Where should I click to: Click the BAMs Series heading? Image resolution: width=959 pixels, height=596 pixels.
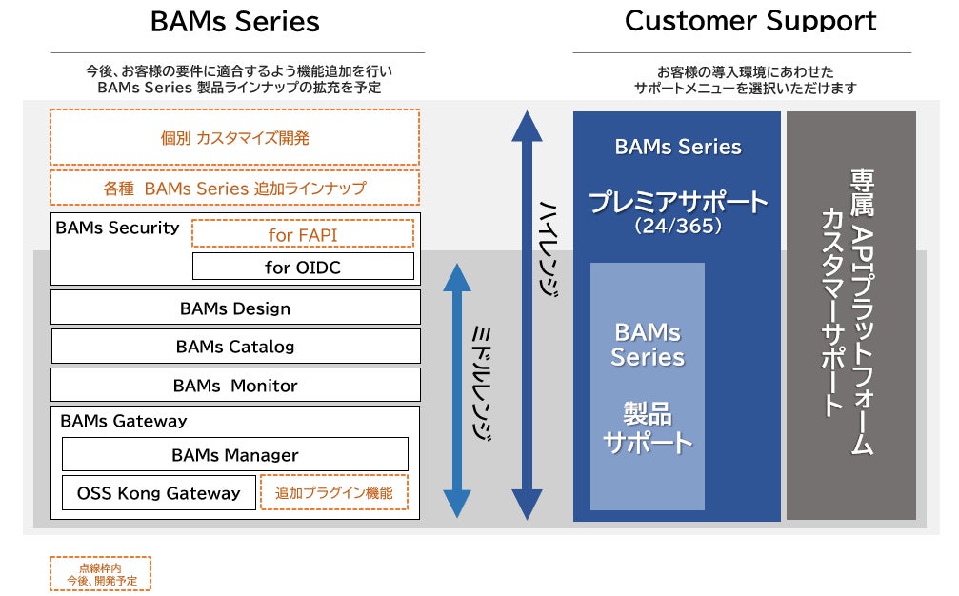pos(235,21)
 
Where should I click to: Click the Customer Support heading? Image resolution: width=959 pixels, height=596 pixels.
pos(750,20)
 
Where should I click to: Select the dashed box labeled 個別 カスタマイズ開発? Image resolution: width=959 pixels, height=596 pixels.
pos(234,137)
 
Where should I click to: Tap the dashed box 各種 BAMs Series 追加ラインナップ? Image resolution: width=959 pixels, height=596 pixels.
pos(234,189)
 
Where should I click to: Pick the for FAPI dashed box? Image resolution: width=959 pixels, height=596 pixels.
pos(303,234)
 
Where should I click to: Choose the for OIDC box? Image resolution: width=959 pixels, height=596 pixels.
pos(303,268)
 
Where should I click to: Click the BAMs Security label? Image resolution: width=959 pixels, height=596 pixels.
pos(117,228)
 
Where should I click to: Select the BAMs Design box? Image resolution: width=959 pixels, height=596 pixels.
pos(234,308)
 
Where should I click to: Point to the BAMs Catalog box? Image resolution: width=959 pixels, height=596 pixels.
pos(234,347)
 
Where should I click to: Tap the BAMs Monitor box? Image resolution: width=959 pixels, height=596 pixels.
pos(234,386)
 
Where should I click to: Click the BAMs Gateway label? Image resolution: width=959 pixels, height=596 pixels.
pos(124,421)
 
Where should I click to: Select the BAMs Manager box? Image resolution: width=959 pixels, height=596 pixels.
pos(234,455)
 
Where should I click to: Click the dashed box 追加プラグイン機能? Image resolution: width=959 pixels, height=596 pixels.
pos(333,493)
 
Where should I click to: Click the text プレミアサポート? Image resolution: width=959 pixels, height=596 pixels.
pos(677,202)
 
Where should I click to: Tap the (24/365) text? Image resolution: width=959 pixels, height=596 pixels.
pos(677,228)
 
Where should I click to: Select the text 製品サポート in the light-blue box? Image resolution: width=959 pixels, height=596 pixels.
pos(648,428)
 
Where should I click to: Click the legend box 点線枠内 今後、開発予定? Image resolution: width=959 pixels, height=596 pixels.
pos(100,573)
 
